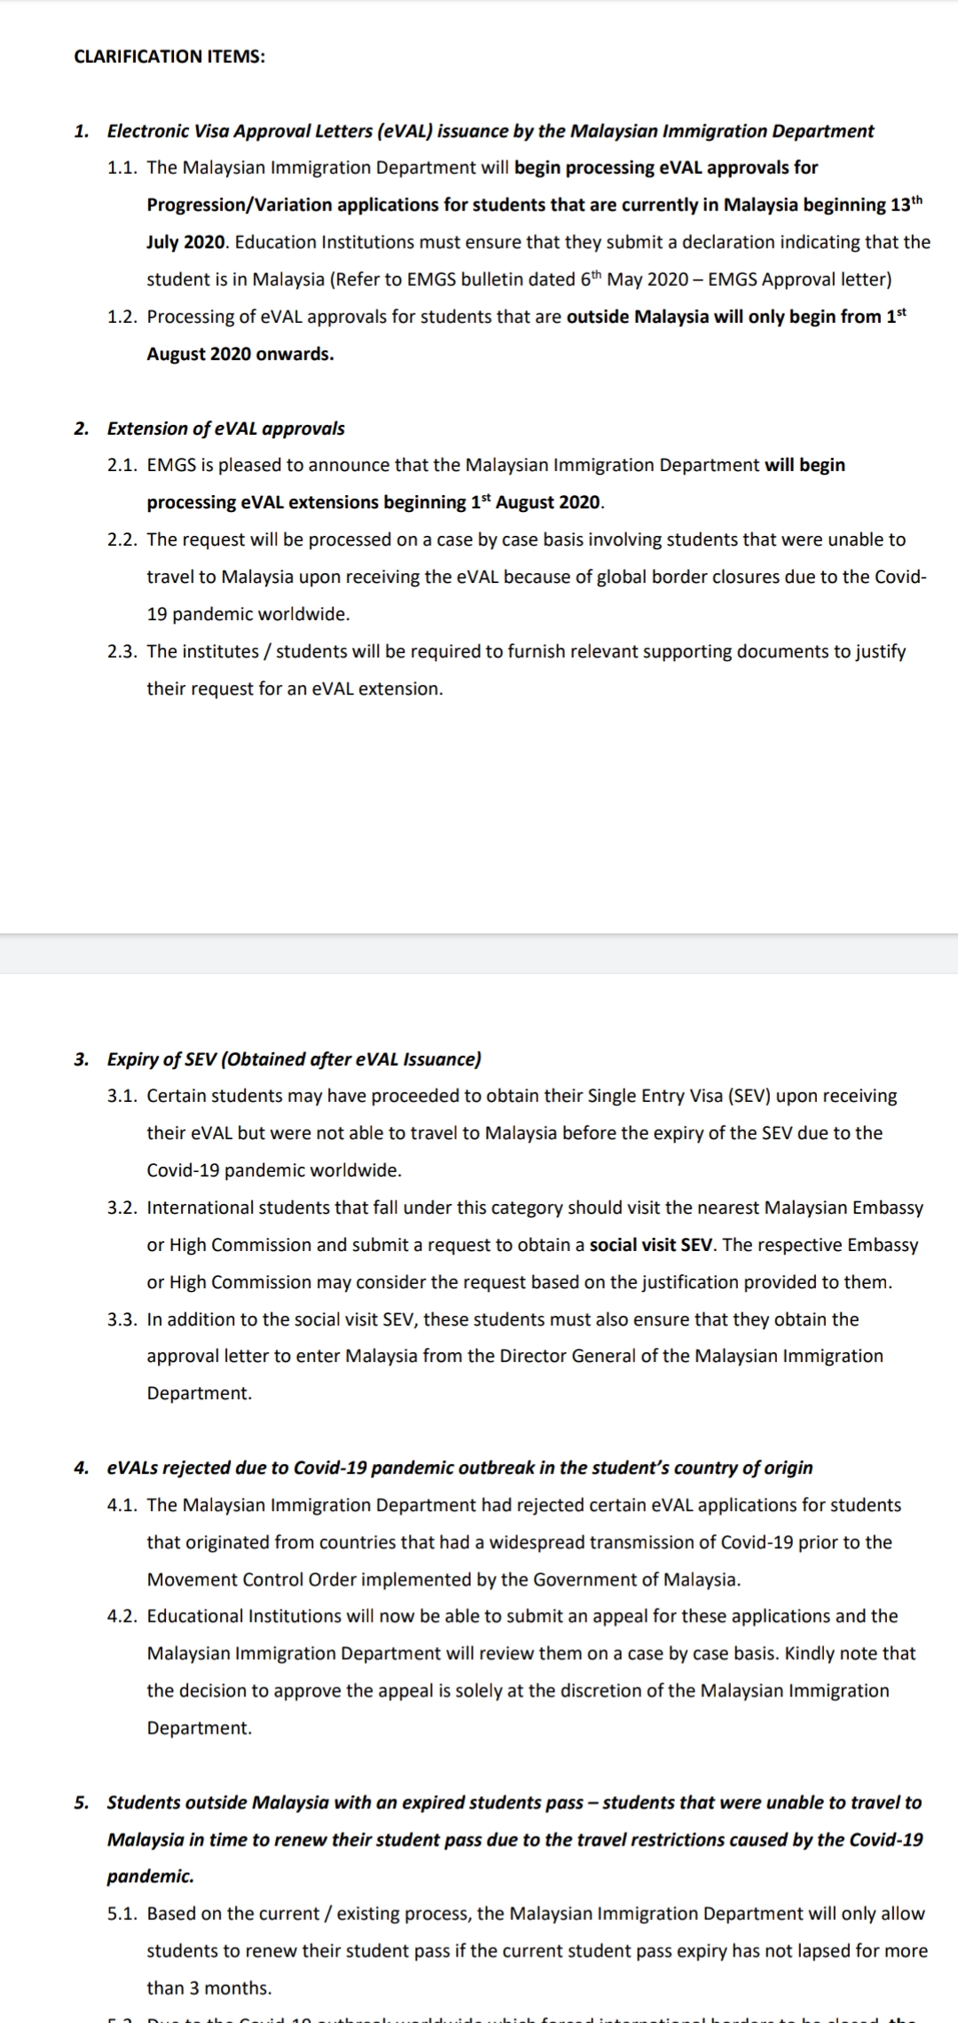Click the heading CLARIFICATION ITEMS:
(x=169, y=57)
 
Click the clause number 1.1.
(x=122, y=168)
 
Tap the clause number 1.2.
(x=122, y=317)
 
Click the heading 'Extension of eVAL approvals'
(x=225, y=429)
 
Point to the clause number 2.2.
(x=122, y=539)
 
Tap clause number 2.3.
(x=122, y=651)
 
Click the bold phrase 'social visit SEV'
(x=651, y=1245)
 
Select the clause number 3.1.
(x=122, y=1096)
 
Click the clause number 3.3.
(x=122, y=1319)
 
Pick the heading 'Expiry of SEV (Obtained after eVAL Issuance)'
(x=294, y=1059)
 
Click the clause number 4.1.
(x=122, y=1505)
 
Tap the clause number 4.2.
(x=122, y=1616)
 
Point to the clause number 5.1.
(x=122, y=1914)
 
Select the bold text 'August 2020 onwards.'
(x=240, y=354)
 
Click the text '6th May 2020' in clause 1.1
(x=633, y=279)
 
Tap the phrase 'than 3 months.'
(x=209, y=1988)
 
